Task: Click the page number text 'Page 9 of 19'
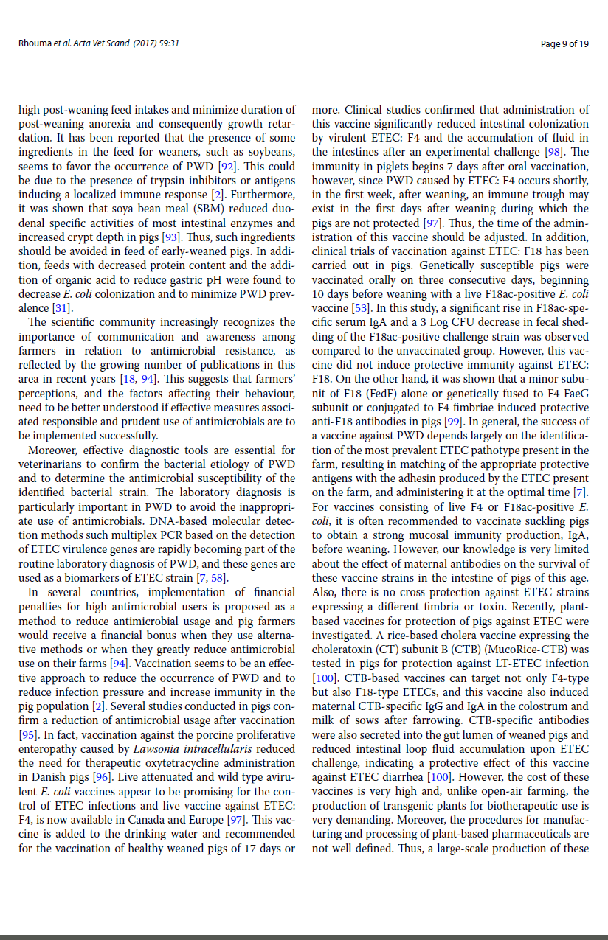(564, 44)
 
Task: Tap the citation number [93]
(169, 237)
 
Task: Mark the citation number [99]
(453, 422)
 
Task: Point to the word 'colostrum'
(543, 706)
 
